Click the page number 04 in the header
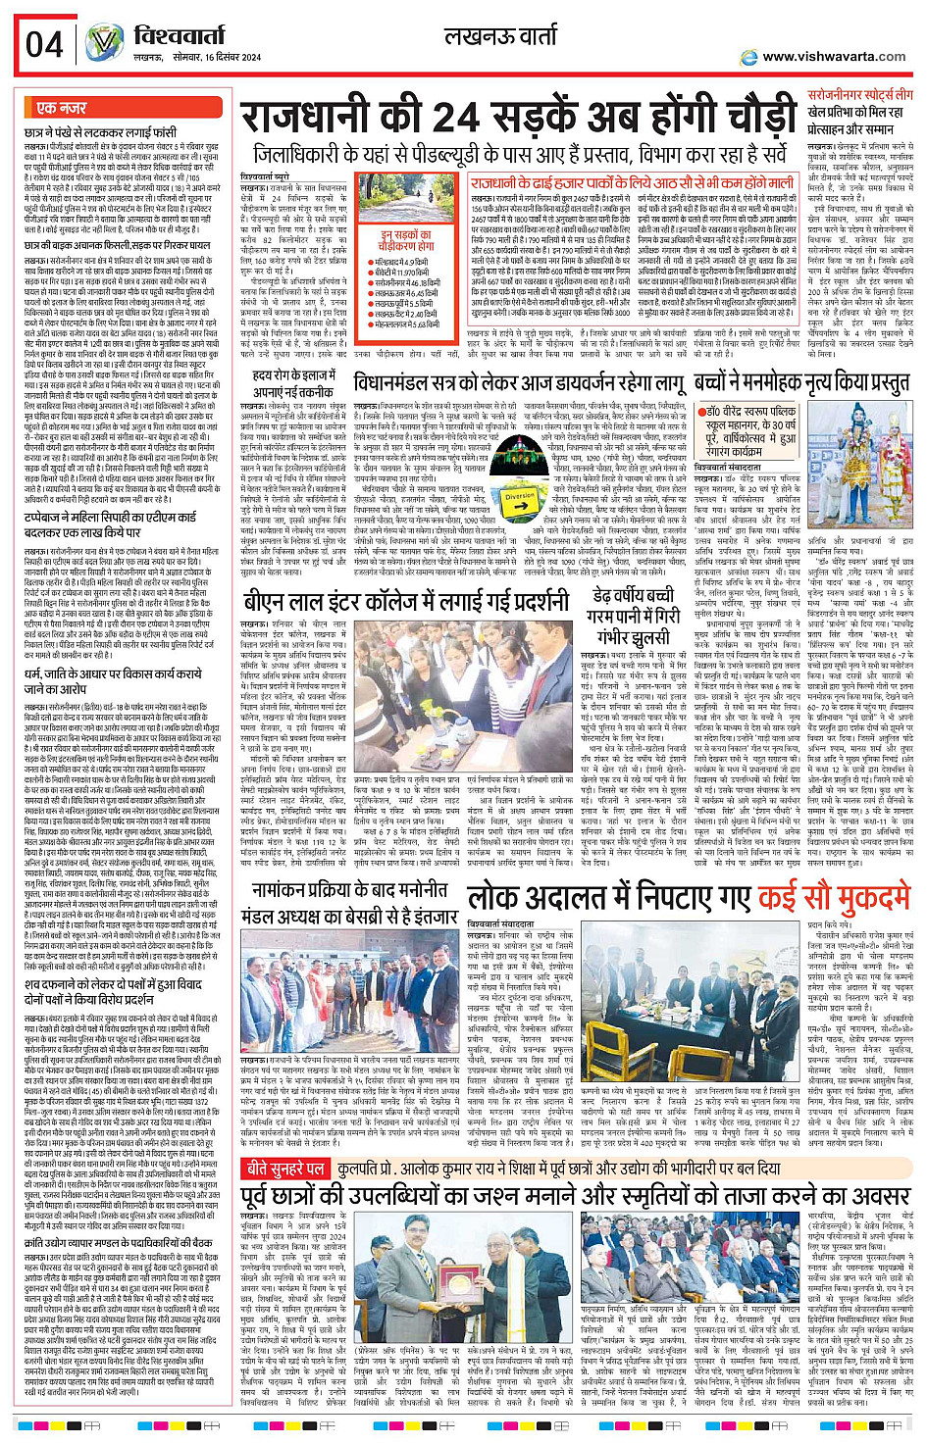pos(45,44)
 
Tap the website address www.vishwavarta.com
pos(834,57)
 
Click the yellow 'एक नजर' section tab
pos(62,107)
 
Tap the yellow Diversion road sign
pos(519,498)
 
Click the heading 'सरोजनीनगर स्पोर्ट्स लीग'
pos(859,95)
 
